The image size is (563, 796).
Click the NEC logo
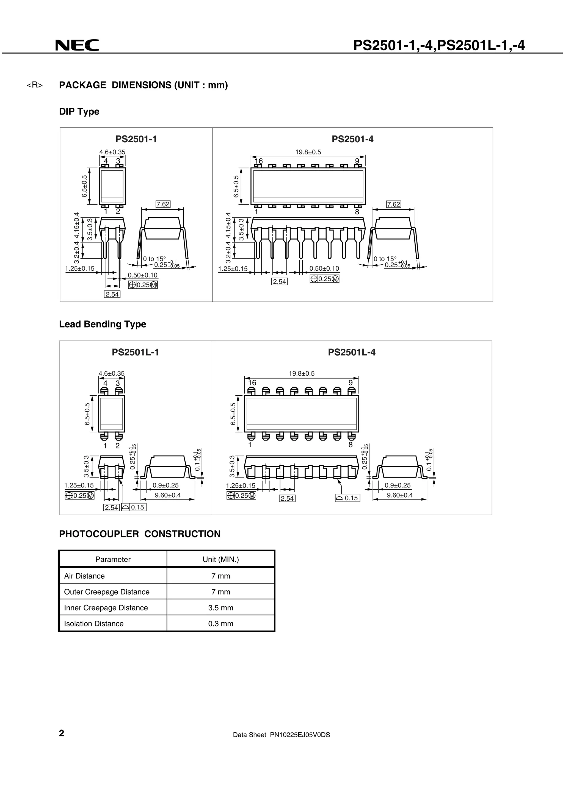click(x=77, y=45)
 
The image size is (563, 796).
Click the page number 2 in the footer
click(x=62, y=733)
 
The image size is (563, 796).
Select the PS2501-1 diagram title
click(x=136, y=139)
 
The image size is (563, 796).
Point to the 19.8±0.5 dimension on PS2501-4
click(x=308, y=152)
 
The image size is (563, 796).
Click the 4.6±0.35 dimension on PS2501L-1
click(x=111, y=373)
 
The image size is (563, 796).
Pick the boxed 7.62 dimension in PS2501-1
click(x=163, y=204)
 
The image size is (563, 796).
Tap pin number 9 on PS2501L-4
click(x=350, y=382)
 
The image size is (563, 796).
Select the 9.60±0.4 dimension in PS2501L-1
click(x=167, y=495)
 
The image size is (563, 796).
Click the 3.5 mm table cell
click(x=221, y=608)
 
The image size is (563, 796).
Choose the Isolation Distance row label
click(x=94, y=624)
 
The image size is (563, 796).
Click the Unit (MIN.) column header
click(x=221, y=559)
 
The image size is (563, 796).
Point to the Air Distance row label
click(x=84, y=576)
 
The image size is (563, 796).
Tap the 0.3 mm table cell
click(x=221, y=624)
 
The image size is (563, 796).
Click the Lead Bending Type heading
click(x=103, y=324)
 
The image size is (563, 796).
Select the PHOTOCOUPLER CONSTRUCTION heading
click(x=140, y=534)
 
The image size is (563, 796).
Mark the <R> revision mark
click(x=35, y=85)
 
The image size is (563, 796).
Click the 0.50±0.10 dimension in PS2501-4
click(x=324, y=268)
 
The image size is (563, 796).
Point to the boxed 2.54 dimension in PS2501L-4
click(x=287, y=498)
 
